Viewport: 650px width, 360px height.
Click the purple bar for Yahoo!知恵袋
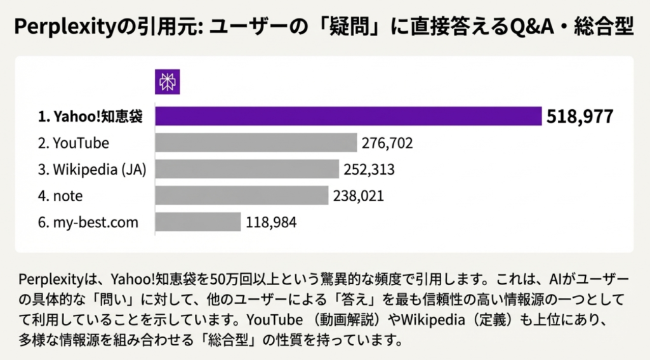point(348,116)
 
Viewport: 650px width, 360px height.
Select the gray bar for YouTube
point(256,143)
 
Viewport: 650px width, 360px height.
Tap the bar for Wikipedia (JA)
point(247,170)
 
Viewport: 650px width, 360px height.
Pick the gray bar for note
point(242,196)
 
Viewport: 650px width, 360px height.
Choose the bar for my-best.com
point(198,222)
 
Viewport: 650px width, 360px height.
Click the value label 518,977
point(580,117)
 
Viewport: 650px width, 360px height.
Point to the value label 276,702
point(387,143)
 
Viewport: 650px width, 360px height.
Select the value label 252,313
point(369,170)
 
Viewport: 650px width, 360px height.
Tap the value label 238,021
point(358,196)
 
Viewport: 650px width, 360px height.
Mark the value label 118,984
point(271,223)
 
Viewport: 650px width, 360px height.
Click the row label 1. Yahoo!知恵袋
point(90,117)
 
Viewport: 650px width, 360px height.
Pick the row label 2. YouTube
point(73,143)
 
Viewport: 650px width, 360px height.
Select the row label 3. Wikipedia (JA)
point(92,170)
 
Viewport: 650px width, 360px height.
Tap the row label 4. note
point(60,196)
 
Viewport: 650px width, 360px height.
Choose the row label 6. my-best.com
point(88,223)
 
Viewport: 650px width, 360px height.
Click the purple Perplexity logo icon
point(168,82)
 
